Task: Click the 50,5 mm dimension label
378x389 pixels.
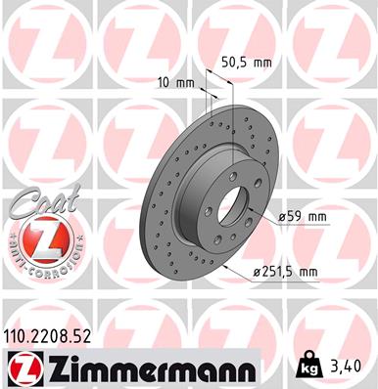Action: point(246,61)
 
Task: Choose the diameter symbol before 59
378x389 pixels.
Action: point(281,215)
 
